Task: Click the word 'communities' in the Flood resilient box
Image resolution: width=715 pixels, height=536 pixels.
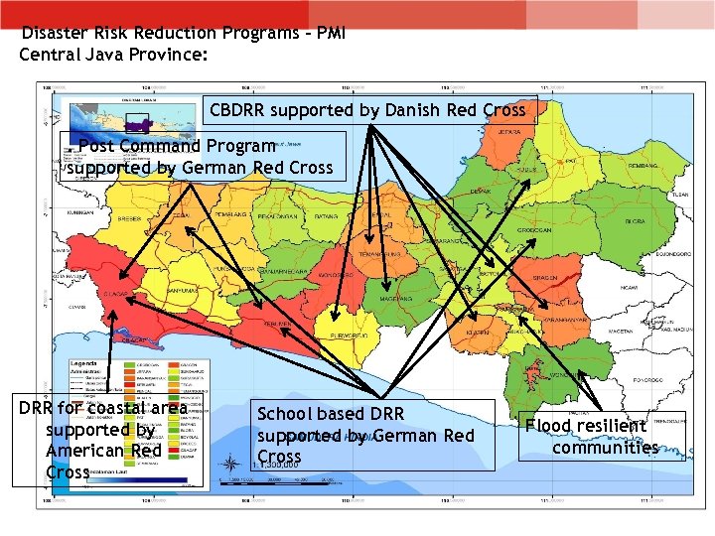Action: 605,447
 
